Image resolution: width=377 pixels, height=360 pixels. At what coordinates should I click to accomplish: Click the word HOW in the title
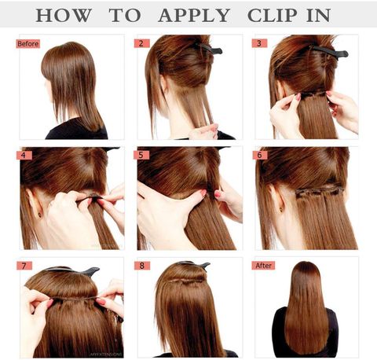(64, 15)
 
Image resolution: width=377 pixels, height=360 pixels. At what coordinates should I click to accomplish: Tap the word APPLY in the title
(194, 15)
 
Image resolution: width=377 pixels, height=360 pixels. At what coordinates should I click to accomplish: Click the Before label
(28, 43)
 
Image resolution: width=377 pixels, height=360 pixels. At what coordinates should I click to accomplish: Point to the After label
(263, 266)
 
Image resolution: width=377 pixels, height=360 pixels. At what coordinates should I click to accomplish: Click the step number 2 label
(141, 43)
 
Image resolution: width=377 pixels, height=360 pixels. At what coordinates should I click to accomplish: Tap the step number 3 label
(259, 43)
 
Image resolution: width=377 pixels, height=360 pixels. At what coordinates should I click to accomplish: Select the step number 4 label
(24, 155)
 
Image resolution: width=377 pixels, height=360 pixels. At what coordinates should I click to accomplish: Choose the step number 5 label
(141, 155)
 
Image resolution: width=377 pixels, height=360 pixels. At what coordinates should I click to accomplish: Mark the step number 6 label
(260, 155)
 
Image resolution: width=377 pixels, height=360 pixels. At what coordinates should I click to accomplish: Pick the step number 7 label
(24, 266)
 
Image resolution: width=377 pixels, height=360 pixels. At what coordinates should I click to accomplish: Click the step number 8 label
(142, 266)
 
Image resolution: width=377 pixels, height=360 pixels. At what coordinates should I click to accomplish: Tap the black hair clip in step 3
(331, 52)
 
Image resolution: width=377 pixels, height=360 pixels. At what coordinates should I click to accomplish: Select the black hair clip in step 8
(195, 264)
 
